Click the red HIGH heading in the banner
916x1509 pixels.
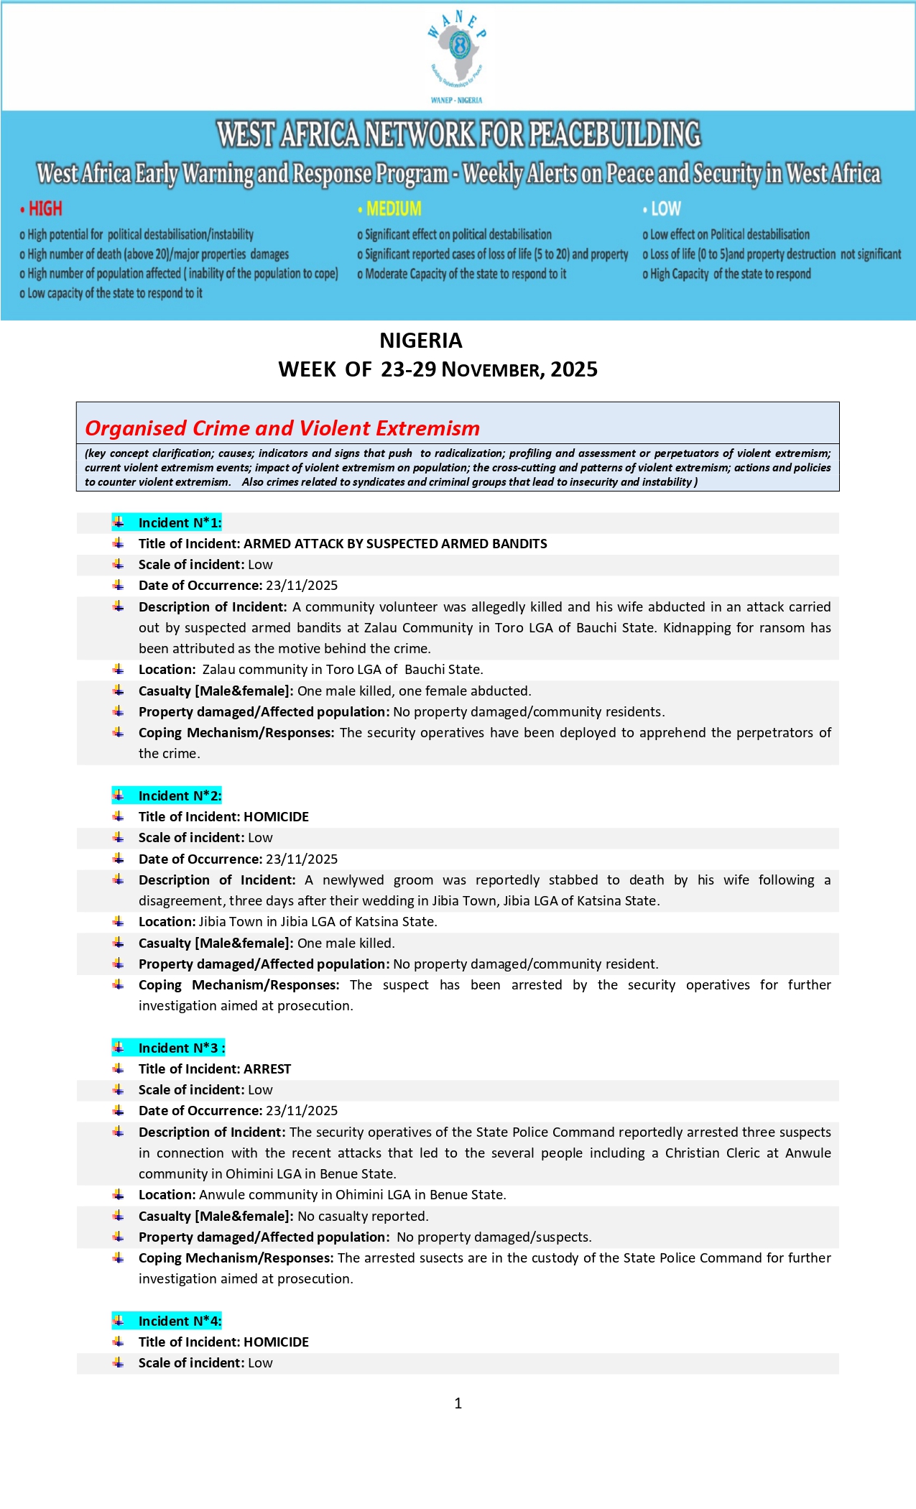point(45,209)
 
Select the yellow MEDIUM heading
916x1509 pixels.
point(394,209)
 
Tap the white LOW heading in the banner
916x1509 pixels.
point(665,209)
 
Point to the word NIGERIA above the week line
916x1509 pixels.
point(421,341)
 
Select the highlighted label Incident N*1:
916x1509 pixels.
point(180,523)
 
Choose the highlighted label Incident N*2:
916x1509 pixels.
point(180,796)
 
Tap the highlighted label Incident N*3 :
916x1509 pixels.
point(181,1048)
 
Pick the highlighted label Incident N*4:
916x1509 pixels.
point(180,1321)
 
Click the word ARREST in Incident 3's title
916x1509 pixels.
point(267,1069)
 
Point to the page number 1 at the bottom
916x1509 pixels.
point(458,1403)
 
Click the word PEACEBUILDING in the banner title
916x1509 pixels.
point(614,135)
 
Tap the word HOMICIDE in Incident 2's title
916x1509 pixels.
point(276,817)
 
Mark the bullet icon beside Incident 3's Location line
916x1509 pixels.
point(119,1195)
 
